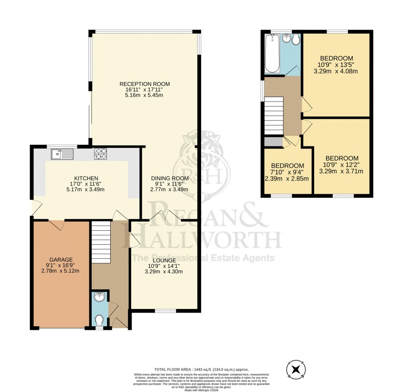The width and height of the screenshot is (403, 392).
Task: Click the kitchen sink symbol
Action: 62,154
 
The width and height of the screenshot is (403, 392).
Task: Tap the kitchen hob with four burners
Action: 100,154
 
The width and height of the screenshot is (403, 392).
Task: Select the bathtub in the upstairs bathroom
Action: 273,53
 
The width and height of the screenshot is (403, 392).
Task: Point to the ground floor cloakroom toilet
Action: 99,320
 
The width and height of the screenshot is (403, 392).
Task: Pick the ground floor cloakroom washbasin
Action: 99,297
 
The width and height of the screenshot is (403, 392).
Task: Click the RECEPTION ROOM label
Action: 144,84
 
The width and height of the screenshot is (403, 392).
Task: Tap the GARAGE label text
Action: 61,260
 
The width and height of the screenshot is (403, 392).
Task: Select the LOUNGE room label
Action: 166,260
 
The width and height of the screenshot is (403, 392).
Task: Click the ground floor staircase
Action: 101,242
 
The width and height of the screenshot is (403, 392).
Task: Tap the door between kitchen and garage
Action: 56,224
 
